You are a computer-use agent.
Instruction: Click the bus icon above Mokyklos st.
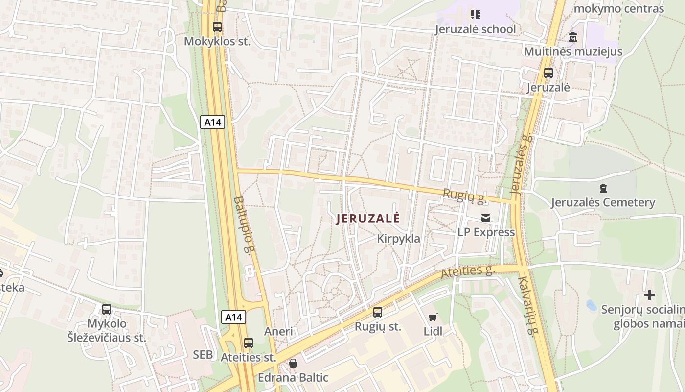pos(217,27)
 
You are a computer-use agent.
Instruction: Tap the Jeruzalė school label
pos(476,29)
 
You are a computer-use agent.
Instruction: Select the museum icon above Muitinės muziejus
pos(573,37)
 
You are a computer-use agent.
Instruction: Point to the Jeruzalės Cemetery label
pos(603,202)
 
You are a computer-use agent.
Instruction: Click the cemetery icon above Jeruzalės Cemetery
pos(603,188)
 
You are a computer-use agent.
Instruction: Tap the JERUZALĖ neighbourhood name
pos(368,219)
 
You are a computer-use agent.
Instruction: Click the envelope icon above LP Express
pos(486,218)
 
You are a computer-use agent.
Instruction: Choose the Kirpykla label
pos(399,239)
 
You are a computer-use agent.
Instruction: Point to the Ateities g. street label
pos(468,271)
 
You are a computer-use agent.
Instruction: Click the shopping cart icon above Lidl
pos(433,318)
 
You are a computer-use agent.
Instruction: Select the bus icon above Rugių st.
pos(378,312)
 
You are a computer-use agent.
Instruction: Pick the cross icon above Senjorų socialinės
pos(650,295)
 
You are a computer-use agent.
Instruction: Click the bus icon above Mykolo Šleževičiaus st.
pos(107,309)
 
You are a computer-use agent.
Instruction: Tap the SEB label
pos(203,355)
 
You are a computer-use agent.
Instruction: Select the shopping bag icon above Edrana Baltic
pos(293,363)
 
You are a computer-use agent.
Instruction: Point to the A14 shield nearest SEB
pos(233,317)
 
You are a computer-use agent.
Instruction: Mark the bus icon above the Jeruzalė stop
pos(548,73)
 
